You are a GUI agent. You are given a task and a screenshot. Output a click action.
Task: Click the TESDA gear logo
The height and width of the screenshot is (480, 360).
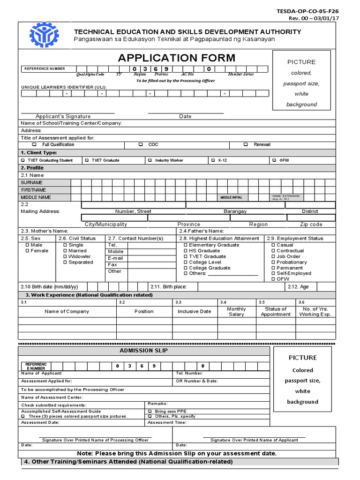click(44, 35)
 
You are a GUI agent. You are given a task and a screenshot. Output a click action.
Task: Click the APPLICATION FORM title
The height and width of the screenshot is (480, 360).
click(177, 58)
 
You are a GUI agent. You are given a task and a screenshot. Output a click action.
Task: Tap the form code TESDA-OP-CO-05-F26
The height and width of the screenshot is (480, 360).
click(315, 11)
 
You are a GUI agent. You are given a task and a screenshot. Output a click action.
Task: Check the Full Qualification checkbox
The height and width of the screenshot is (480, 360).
click(34, 145)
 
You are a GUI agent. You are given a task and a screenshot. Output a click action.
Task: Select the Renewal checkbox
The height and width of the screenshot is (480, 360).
click(245, 145)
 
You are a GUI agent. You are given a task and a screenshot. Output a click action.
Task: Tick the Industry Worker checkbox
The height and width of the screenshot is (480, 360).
click(150, 160)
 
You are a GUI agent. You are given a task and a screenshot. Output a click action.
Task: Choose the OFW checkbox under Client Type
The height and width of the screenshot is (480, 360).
click(274, 160)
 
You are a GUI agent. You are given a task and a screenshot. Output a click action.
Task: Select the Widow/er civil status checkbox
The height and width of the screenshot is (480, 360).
click(65, 257)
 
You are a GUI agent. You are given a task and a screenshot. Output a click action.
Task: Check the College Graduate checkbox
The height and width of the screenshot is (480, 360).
click(186, 268)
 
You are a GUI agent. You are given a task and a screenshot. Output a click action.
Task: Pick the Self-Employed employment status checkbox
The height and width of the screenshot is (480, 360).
click(273, 273)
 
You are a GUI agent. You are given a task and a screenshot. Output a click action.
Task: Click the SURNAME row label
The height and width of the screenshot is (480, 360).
click(32, 183)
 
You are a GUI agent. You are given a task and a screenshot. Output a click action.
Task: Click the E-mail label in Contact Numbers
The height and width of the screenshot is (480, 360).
click(115, 258)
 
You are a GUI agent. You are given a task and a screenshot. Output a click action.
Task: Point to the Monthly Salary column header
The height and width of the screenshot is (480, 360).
click(236, 312)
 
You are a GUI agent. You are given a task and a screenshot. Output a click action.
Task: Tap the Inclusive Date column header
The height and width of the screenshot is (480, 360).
click(194, 311)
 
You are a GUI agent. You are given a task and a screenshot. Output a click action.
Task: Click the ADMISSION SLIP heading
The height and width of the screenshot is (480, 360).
click(144, 351)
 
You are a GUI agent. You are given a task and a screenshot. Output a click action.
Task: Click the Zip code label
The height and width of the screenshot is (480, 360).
click(311, 225)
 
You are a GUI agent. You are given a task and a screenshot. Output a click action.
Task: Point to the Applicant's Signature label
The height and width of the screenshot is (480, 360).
click(63, 116)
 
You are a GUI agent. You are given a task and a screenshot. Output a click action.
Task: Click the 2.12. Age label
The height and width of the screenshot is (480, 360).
click(298, 287)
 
